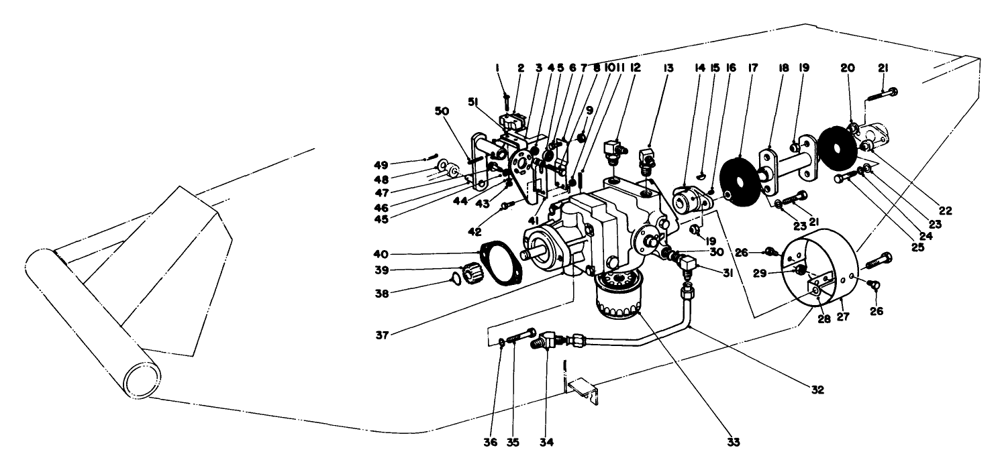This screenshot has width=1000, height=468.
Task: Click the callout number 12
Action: [635, 68]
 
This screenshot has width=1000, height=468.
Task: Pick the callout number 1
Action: [497, 68]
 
